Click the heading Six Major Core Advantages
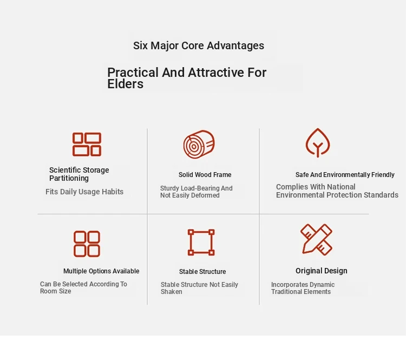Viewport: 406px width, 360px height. [199, 46]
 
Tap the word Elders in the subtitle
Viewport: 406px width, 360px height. [126, 84]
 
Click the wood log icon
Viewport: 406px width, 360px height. [199, 144]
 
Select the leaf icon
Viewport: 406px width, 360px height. [318, 143]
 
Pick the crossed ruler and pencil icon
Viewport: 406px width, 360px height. [317, 240]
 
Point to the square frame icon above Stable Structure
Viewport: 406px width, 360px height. [201, 243]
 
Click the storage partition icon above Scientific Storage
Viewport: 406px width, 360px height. [87, 144]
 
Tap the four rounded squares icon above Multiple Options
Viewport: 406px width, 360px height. [87, 244]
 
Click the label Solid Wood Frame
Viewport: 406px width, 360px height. [205, 175]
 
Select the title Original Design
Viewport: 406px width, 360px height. [322, 271]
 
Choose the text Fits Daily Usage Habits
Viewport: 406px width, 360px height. [84, 192]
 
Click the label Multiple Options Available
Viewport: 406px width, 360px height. [101, 271]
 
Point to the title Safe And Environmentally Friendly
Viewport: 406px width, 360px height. [345, 175]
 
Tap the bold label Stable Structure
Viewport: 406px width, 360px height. [202, 272]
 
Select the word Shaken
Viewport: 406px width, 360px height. [172, 292]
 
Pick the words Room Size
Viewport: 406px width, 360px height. [55, 291]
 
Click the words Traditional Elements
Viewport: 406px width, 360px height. [301, 292]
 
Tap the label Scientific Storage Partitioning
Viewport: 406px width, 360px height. [79, 174]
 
